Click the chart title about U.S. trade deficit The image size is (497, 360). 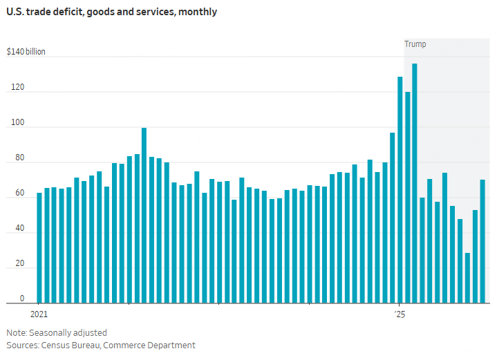tap(111, 12)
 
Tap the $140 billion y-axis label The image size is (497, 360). tap(26, 52)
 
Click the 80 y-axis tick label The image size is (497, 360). tap(19, 158)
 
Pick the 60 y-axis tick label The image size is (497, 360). tap(19, 193)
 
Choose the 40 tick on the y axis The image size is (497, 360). tap(19, 228)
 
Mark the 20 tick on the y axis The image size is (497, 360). tap(19, 264)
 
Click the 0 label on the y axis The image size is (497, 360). tap(22, 299)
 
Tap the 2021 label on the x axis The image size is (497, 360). tap(39, 314)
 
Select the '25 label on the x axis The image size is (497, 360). tap(400, 314)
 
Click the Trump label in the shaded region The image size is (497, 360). tap(415, 44)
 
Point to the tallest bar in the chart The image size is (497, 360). tap(415, 183)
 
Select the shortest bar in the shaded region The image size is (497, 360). tap(468, 278)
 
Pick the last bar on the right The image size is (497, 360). tap(482, 241)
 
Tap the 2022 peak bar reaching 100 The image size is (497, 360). tap(144, 215)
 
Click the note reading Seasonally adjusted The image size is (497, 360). tap(57, 332)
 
